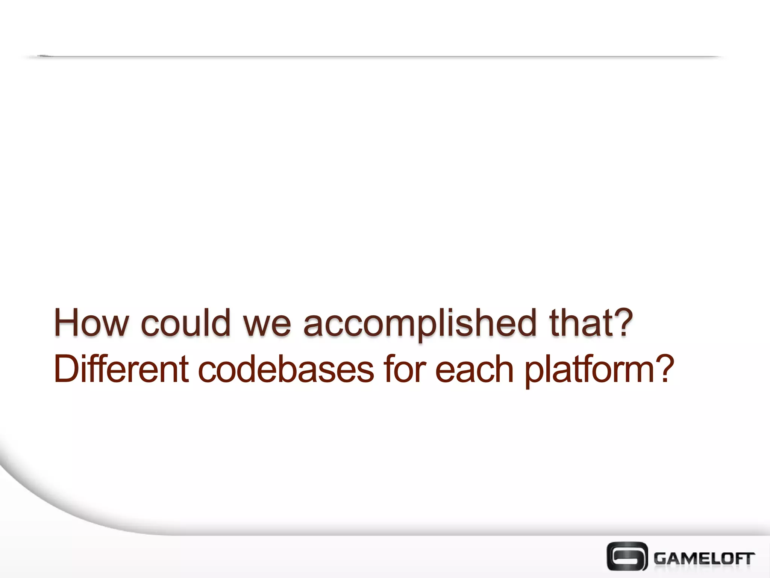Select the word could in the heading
pyautogui.click(x=186, y=322)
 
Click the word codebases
pyautogui.click(x=286, y=370)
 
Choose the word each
pyautogui.click(x=474, y=370)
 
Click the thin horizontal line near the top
pyautogui.click(x=376, y=57)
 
